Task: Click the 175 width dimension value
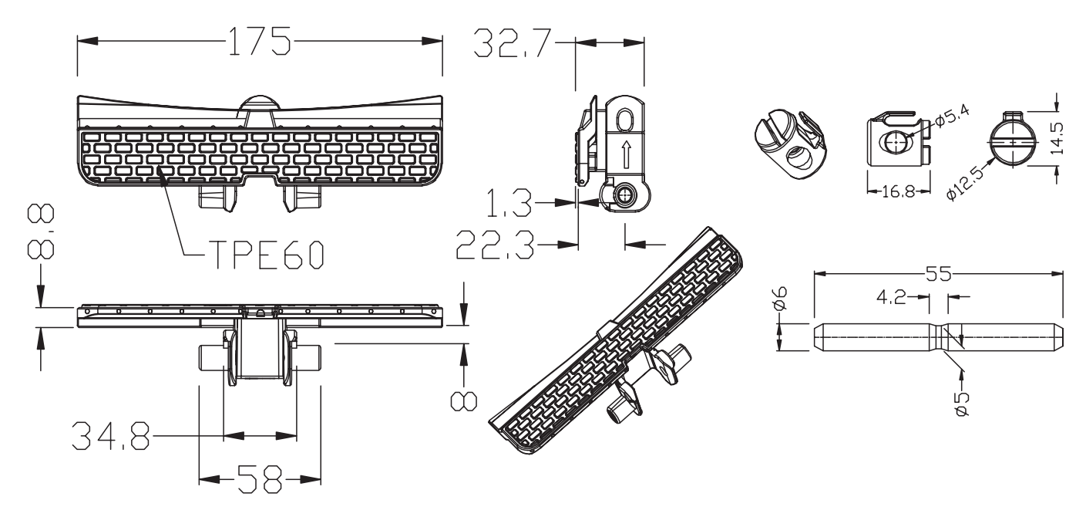(x=258, y=41)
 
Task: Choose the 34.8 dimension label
(x=109, y=436)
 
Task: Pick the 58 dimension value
(x=258, y=479)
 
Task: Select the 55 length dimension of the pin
(x=939, y=273)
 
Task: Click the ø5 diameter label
(x=961, y=404)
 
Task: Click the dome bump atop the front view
(x=260, y=104)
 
